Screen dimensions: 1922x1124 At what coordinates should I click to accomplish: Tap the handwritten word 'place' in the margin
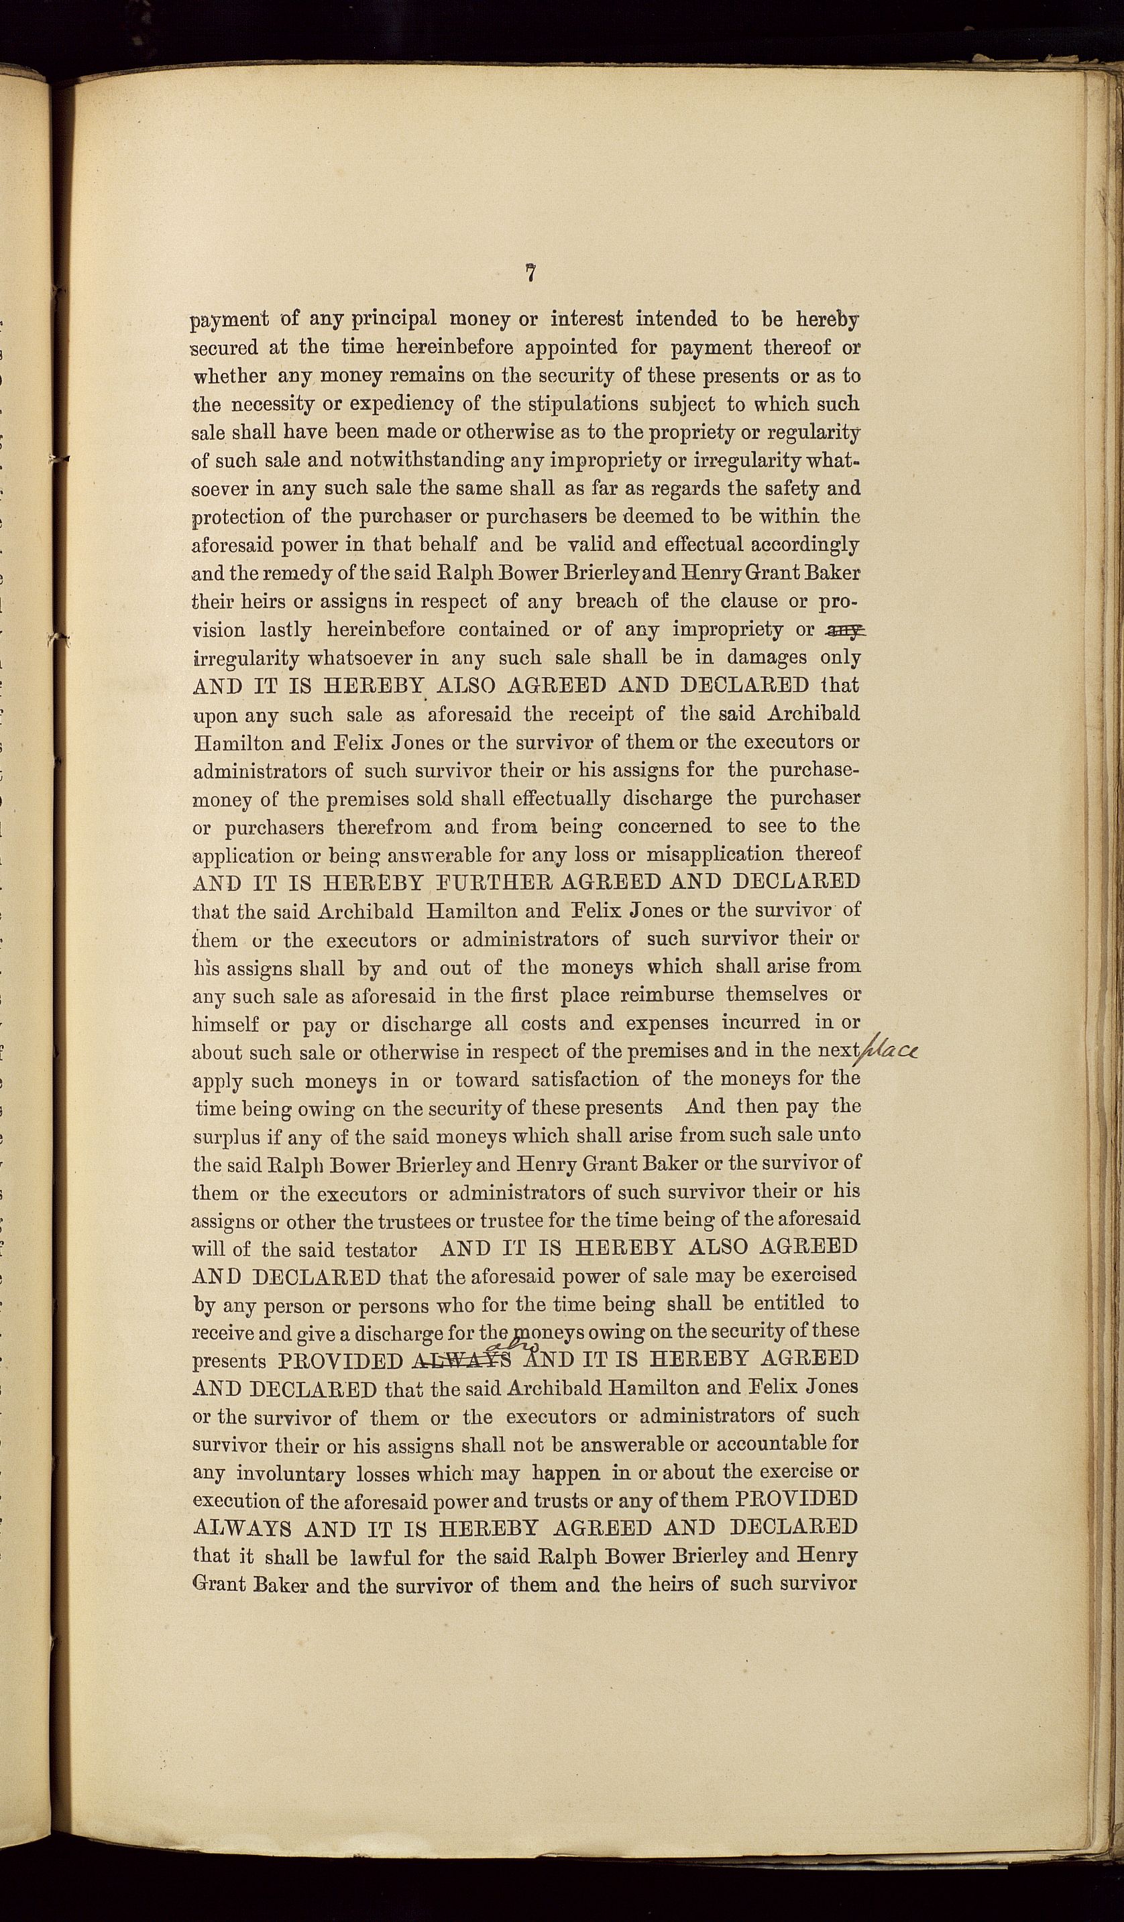pyautogui.click(x=890, y=1052)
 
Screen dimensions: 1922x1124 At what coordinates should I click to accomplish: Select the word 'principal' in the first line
pyautogui.click(x=394, y=318)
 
